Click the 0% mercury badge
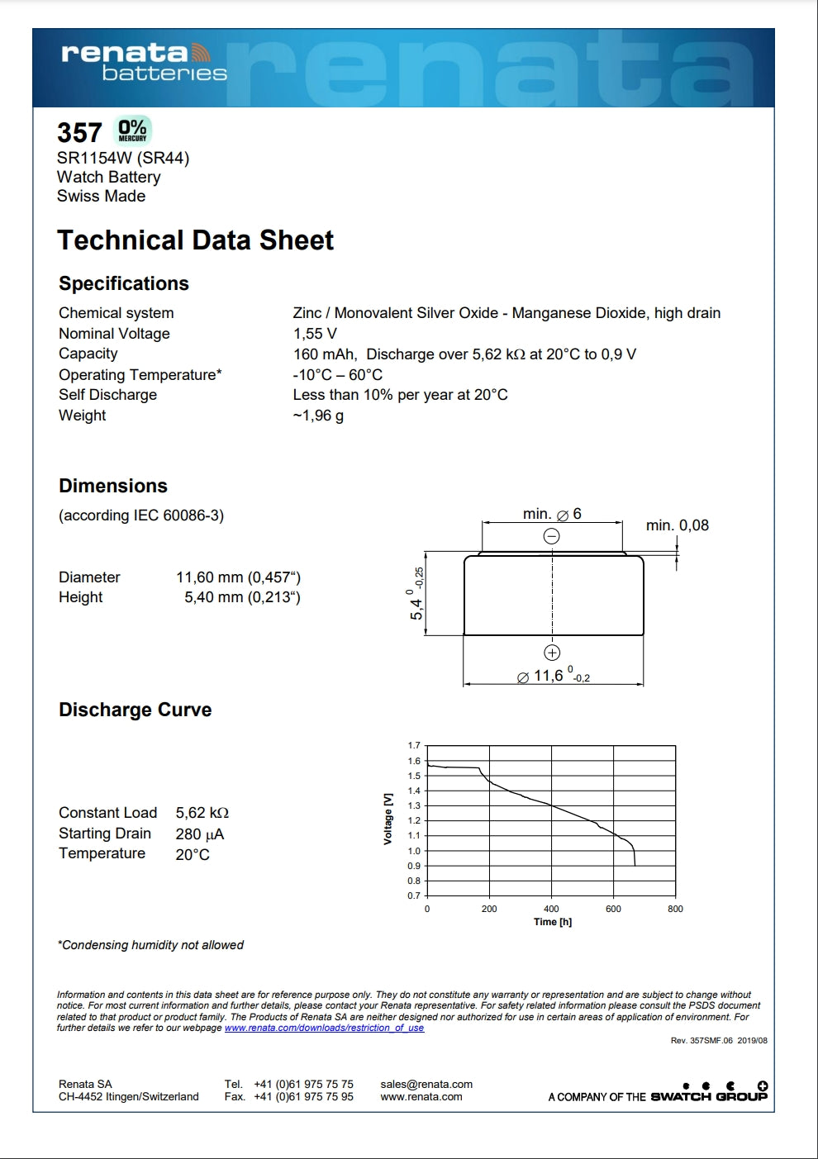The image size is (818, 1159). click(x=132, y=131)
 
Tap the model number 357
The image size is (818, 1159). click(x=79, y=133)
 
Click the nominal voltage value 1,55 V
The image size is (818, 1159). click(x=315, y=334)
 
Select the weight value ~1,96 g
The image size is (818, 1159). click(x=318, y=416)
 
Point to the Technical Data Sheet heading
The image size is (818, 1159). click(x=195, y=240)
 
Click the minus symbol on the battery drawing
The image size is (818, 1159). click(x=551, y=536)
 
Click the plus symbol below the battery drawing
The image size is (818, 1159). click(x=552, y=653)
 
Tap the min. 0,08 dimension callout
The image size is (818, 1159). click(x=677, y=525)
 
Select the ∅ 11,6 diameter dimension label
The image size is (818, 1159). click(x=553, y=677)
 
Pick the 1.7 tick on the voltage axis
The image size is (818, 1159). click(x=414, y=745)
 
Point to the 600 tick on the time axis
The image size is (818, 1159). click(x=613, y=909)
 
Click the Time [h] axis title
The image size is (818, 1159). click(x=552, y=922)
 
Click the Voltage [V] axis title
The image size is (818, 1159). click(x=388, y=819)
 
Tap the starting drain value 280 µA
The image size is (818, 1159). click(x=199, y=834)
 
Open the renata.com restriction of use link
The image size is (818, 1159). click(x=324, y=1028)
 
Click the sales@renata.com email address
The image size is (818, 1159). click(x=426, y=1084)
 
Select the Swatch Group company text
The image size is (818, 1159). click(x=708, y=1097)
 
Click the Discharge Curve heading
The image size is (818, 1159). click(x=135, y=710)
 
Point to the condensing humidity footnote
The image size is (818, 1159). click(x=150, y=945)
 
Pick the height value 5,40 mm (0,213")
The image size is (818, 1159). click(x=242, y=597)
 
